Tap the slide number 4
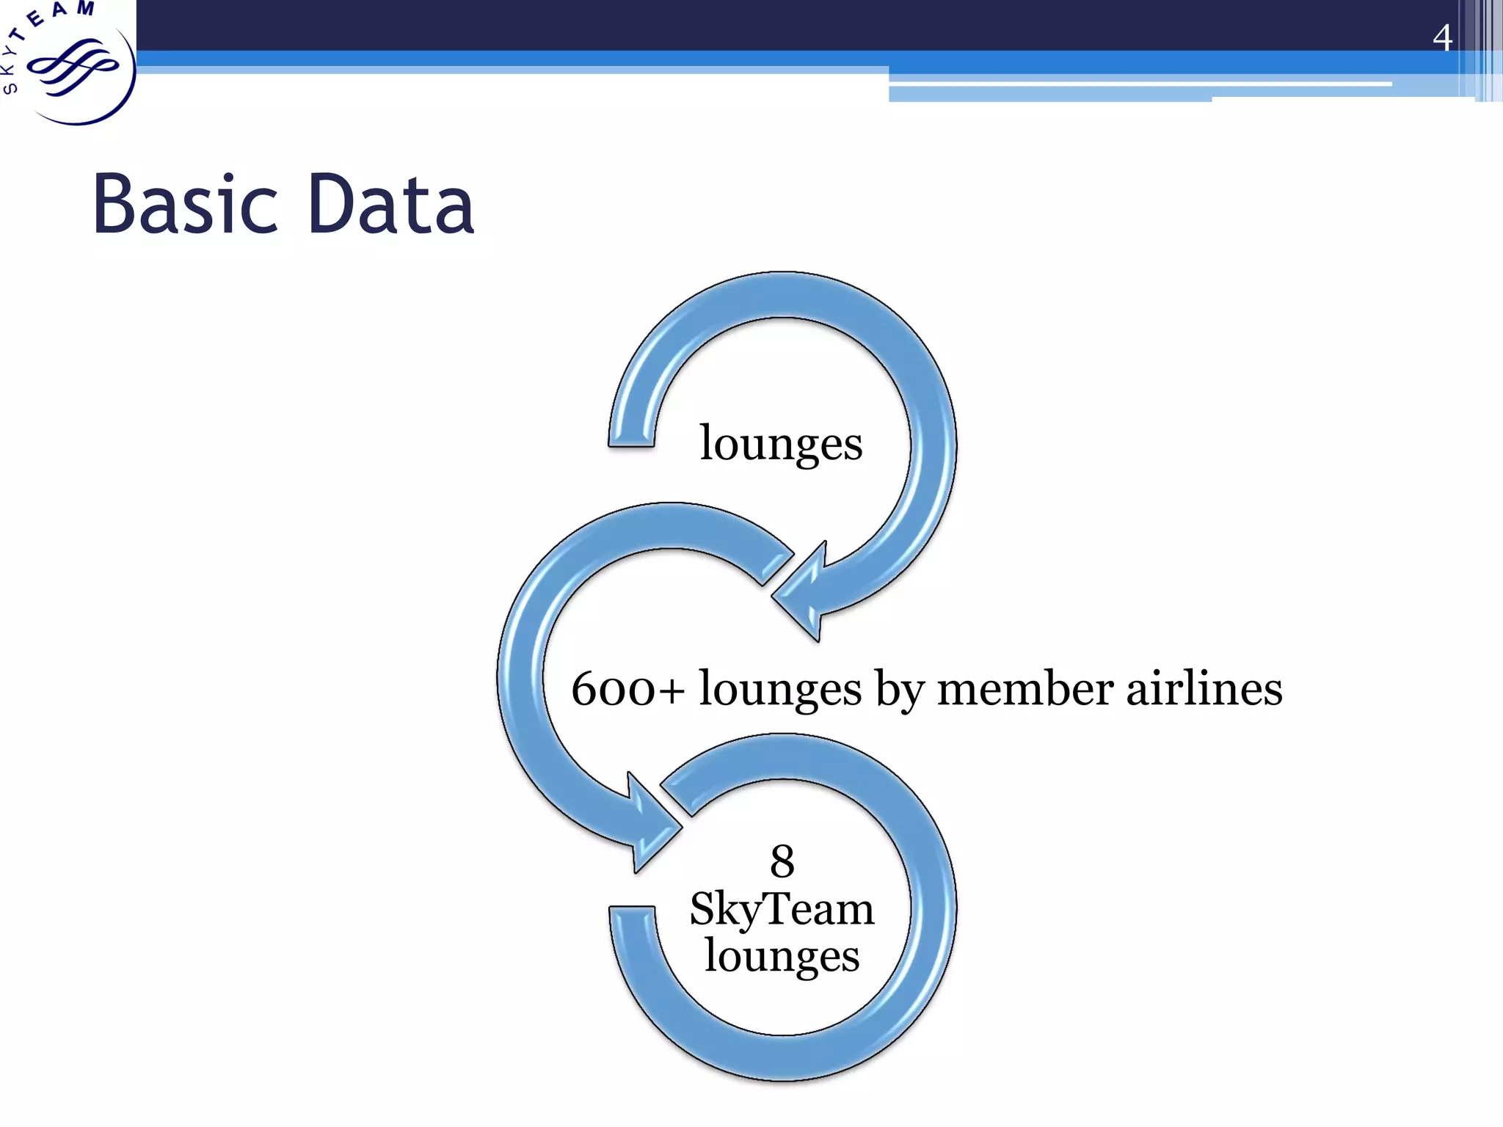(1442, 37)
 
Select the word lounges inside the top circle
(781, 445)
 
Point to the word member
(1025, 690)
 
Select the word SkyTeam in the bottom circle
(782, 910)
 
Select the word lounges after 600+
(780, 690)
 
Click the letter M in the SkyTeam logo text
(86, 9)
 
